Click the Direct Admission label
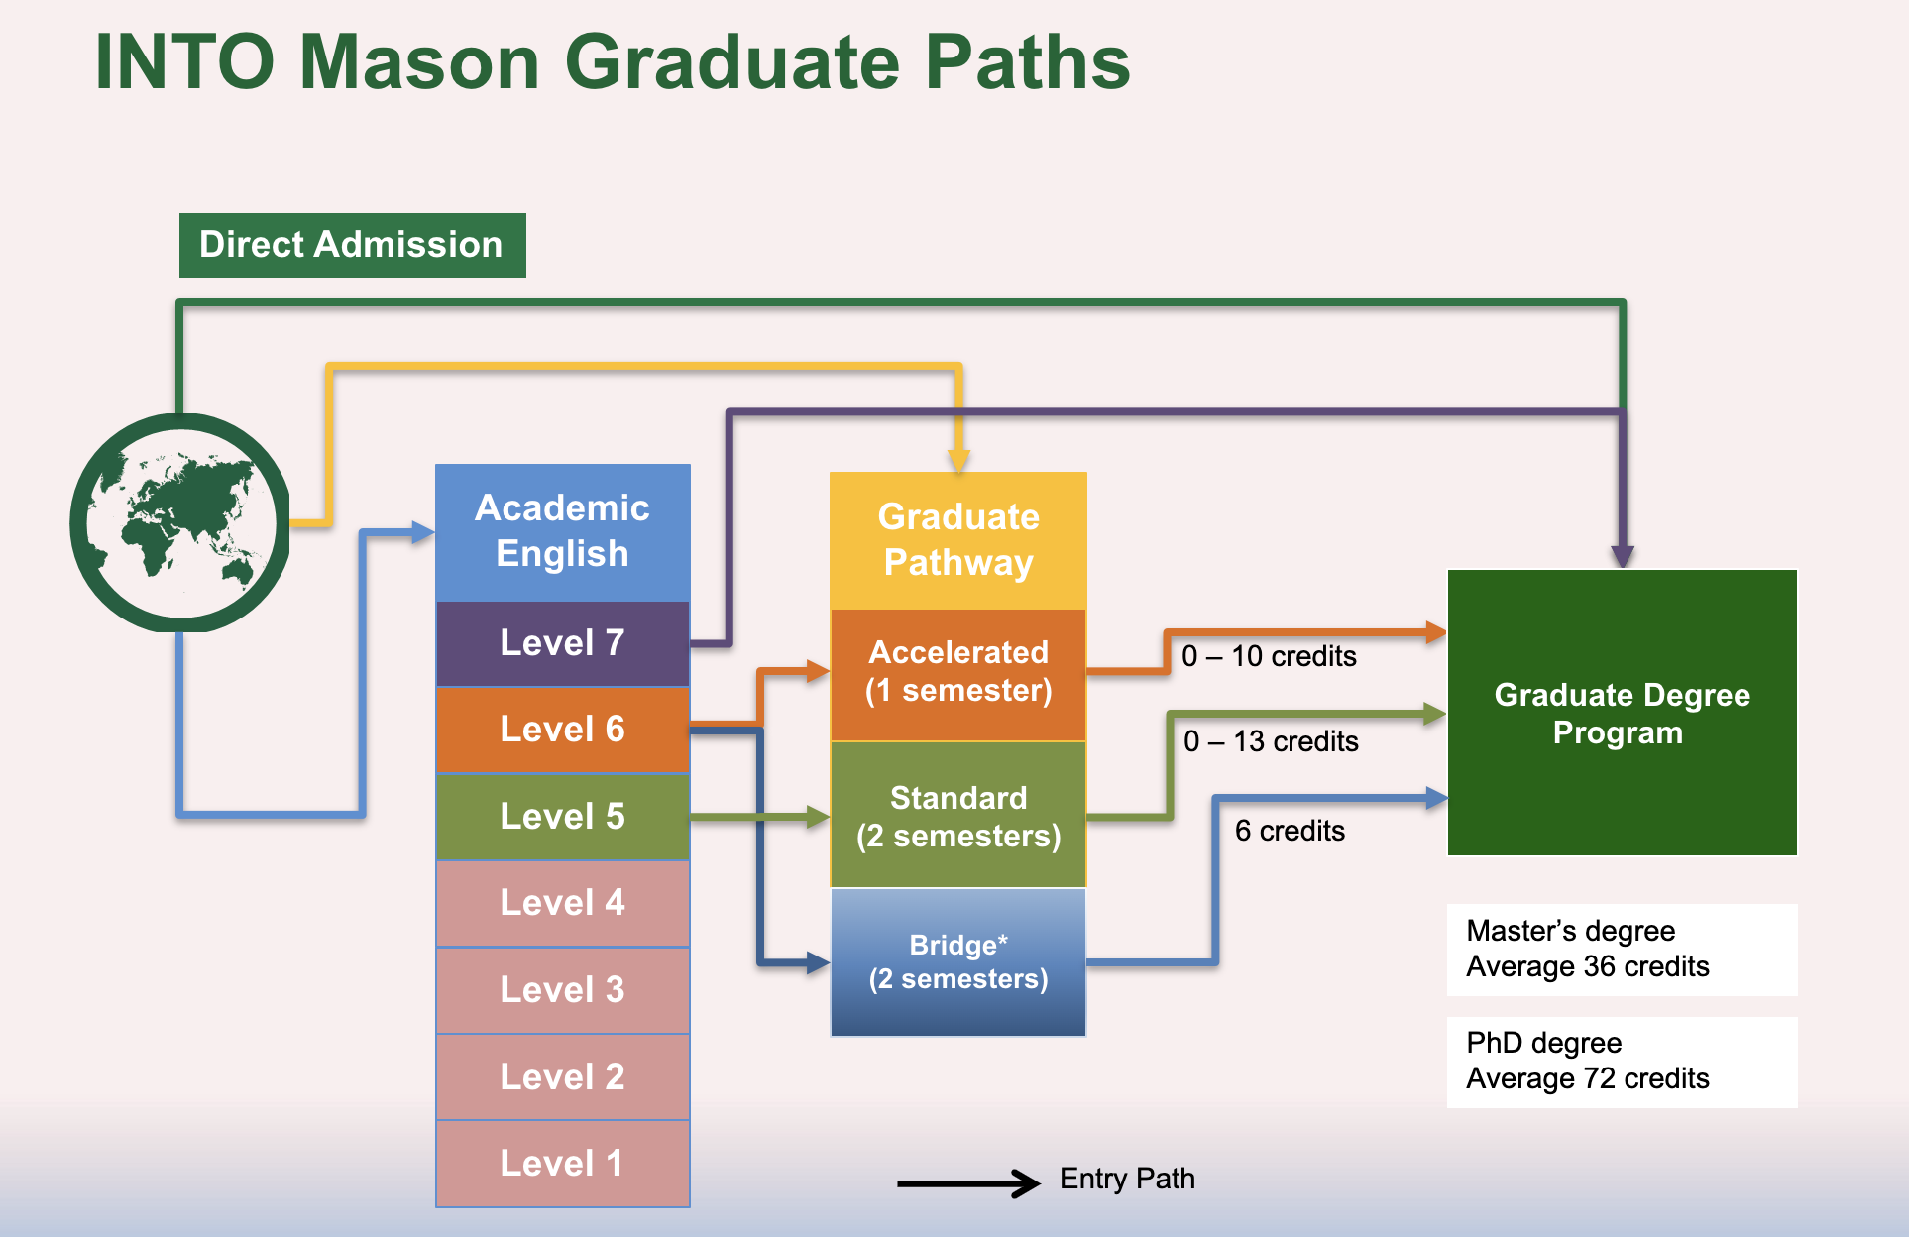pos(352,245)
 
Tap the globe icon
pos(179,522)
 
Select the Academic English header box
pos(563,532)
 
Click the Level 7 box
pos(563,643)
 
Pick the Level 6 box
pos(563,730)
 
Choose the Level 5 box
pos(563,817)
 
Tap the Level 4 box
pos(563,903)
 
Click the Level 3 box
pos(563,990)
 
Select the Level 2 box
pos(563,1076)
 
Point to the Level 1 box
pos(563,1164)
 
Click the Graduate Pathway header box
pos(958,540)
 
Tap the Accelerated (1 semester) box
pos(958,675)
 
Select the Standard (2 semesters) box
pos(958,815)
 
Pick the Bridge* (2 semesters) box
pos(958,962)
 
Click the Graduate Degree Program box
pos(1623,713)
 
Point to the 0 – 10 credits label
pos(1269,656)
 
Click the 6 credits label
pos(1290,831)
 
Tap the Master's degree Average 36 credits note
pos(1623,950)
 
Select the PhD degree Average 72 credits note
pos(1623,1062)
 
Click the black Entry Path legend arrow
pos(968,1182)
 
